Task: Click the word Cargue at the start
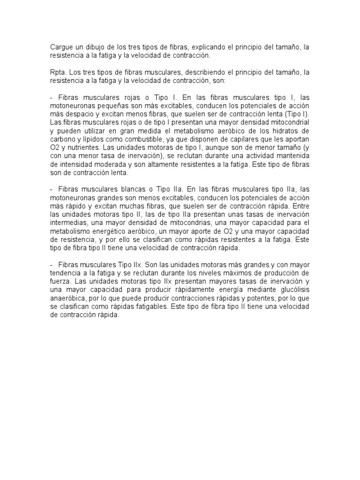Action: point(60,47)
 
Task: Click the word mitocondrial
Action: point(288,123)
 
